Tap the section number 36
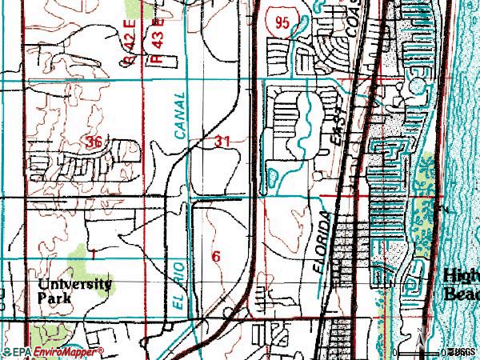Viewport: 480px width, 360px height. pos(94,142)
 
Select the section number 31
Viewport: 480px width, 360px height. pos(223,141)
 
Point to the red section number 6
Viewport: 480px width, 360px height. pos(215,256)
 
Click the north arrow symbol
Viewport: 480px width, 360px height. pos(419,340)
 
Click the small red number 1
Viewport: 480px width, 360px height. pos(93,254)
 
